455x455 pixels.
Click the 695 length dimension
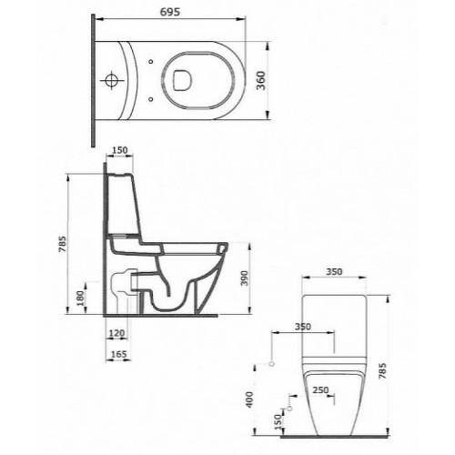170,12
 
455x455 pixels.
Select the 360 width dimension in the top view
261,80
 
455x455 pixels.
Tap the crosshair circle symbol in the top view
112,81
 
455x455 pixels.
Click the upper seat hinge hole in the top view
151,62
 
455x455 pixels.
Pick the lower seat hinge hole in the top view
151,99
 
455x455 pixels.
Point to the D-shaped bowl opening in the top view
183,80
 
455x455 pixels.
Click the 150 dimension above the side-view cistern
120,150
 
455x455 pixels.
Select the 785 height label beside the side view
62,244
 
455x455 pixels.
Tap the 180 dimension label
80,298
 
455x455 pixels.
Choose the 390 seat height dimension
244,278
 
